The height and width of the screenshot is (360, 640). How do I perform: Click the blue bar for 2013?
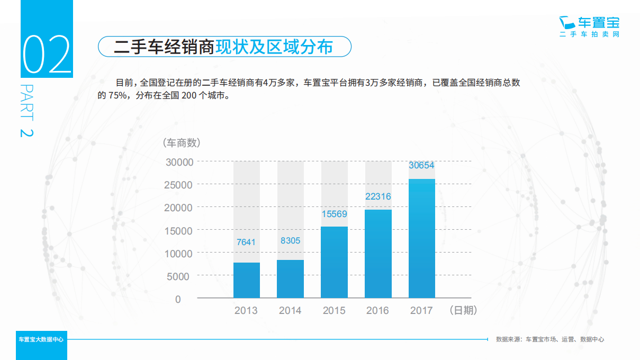247,280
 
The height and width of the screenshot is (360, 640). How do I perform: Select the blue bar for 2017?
422,238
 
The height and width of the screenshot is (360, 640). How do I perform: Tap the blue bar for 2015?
335,262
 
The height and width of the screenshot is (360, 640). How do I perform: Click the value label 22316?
378,196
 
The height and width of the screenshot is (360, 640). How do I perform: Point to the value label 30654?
421,165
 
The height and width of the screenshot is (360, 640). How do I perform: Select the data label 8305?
290,240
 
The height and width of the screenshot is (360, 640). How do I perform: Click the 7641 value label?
246,242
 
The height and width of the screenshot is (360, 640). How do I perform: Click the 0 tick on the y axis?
178,299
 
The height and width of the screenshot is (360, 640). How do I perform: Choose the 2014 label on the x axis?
290,311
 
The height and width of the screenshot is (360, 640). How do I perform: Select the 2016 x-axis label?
377,311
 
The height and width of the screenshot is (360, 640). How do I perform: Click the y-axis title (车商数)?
181,142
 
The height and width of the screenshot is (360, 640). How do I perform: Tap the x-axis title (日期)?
463,310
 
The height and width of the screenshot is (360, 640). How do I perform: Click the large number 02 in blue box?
47,55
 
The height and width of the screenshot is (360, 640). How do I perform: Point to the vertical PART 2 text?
26,111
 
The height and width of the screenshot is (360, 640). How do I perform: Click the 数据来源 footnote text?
549,339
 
